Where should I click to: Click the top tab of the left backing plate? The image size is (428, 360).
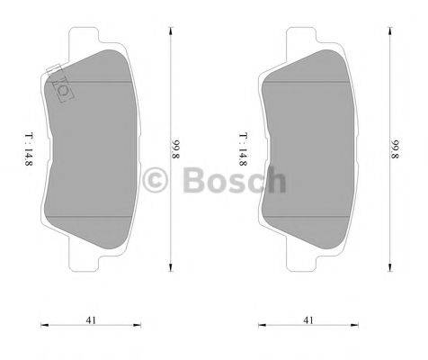coord(95,39)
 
